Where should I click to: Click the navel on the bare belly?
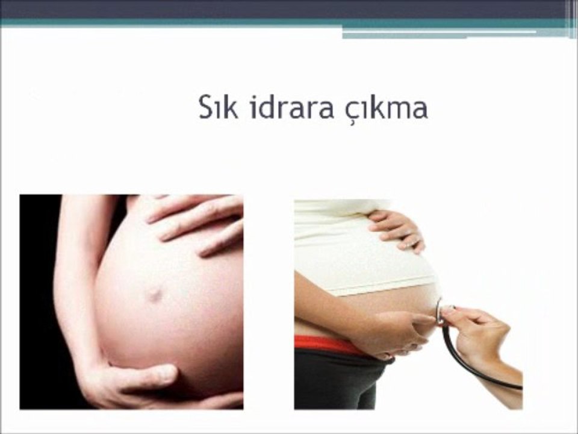click(x=154, y=294)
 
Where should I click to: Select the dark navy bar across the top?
click(x=283, y=8)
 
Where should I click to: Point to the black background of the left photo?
click(x=36, y=301)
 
